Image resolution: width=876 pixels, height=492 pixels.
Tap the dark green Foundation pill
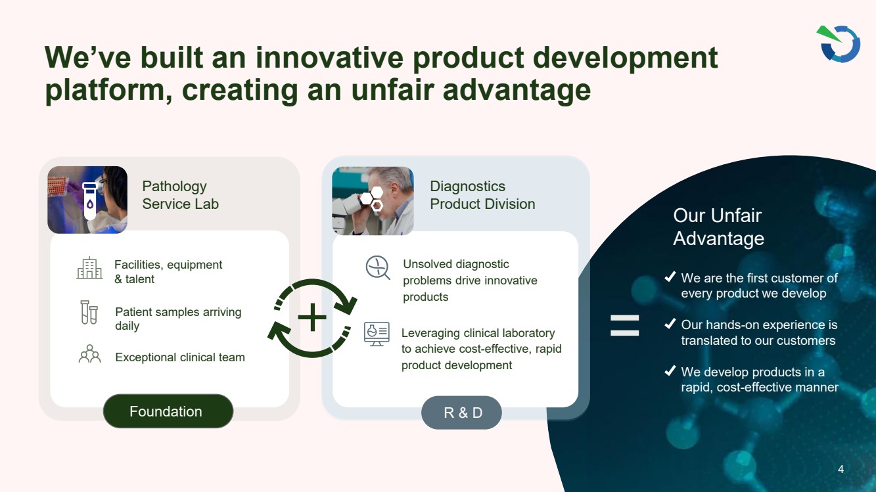[168, 411]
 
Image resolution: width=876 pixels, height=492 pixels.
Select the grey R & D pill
[461, 413]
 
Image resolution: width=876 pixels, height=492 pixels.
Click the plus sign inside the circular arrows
[312, 317]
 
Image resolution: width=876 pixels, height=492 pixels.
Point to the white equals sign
[624, 326]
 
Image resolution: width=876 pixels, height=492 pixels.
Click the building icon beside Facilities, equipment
[89, 268]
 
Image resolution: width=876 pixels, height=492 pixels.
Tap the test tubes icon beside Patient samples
[89, 312]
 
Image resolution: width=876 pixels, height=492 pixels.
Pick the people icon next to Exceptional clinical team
[89, 353]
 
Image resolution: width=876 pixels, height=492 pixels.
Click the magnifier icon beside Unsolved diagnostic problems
[378, 268]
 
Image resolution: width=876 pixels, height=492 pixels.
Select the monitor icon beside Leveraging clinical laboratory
[377, 334]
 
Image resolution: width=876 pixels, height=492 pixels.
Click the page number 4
[841, 469]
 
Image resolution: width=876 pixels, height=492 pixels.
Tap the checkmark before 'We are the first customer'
[670, 277]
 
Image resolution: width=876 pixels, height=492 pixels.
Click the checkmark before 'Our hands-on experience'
[670, 324]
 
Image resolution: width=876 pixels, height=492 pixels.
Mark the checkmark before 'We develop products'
[670, 370]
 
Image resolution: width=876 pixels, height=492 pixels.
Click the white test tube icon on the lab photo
[90, 201]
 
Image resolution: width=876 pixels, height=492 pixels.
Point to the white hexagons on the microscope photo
[372, 199]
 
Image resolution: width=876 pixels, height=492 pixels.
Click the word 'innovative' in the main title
[329, 58]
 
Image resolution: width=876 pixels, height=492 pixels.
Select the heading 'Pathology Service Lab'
[180, 195]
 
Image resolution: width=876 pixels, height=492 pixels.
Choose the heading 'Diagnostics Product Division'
[482, 195]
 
